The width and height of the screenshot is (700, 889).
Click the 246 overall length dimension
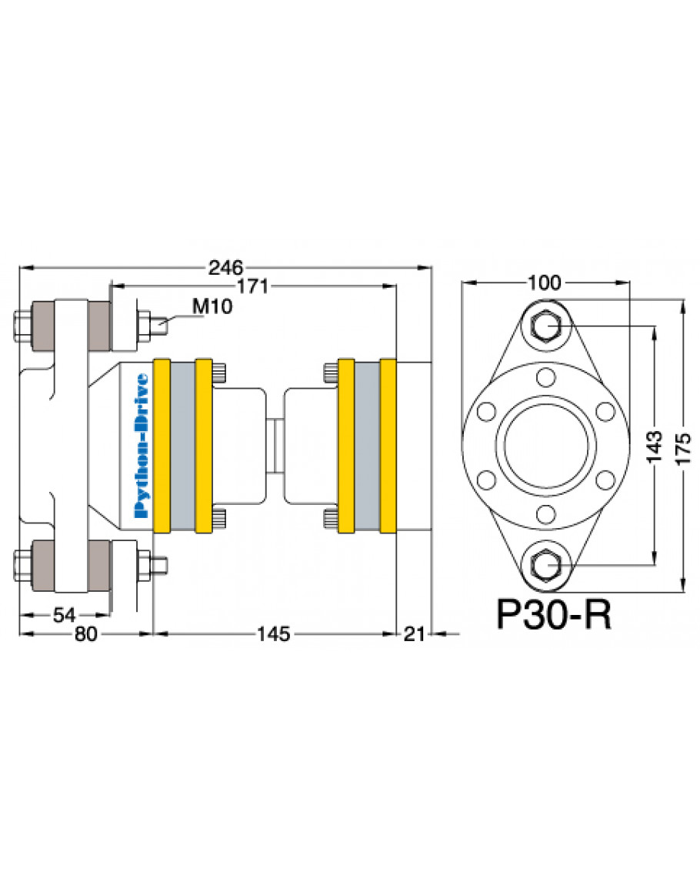coord(225,267)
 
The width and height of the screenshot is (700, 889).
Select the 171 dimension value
coord(252,286)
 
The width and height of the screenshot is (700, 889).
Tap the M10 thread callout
coord(212,306)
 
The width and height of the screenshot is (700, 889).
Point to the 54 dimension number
coord(64,614)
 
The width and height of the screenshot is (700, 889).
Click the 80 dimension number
coord(85,634)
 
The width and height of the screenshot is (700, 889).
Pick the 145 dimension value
coord(274,634)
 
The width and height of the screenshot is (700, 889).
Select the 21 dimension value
coord(414,634)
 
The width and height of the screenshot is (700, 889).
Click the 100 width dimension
coord(545,282)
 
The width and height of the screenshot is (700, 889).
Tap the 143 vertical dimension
coord(654,446)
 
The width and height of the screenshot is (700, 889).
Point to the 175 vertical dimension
coord(684,449)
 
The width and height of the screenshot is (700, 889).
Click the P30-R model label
coord(554,614)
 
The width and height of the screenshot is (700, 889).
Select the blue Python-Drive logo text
coord(142,446)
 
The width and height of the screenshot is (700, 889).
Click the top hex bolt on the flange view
coord(545,327)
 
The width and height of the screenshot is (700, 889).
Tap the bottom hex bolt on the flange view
coord(545,565)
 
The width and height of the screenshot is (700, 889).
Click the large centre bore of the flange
coord(546,446)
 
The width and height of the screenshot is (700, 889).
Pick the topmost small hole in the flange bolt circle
coord(545,376)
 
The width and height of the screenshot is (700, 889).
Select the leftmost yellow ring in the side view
coord(162,446)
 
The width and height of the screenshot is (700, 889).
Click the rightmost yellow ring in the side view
coord(388,446)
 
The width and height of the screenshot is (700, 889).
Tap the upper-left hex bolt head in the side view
coord(22,326)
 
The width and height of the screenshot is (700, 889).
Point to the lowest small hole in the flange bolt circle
coord(545,515)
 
